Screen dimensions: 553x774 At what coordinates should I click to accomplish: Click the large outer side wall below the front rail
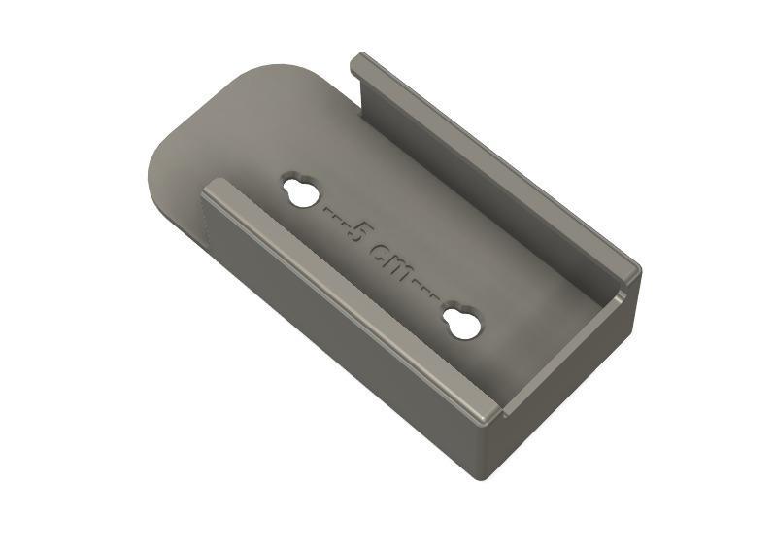(340, 340)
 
